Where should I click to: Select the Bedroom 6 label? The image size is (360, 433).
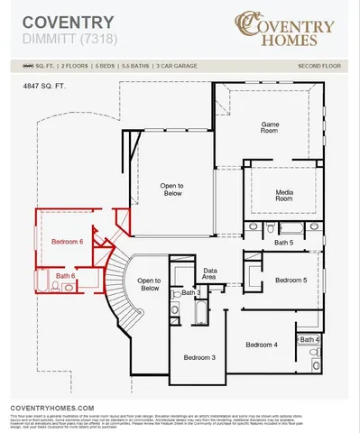coord(67,242)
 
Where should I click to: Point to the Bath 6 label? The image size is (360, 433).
coord(65,275)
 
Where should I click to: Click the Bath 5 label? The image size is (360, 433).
coord(284,243)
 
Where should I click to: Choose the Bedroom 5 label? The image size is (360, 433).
coord(291,281)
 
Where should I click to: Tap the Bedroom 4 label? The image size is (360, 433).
coord(262,345)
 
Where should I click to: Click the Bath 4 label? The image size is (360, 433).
coord(309,339)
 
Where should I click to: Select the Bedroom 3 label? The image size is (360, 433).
coord(199,358)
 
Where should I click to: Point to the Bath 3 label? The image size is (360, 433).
coord(190,293)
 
